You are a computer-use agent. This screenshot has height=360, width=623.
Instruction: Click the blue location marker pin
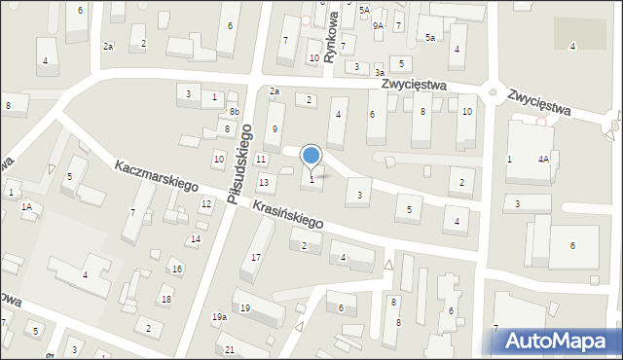(x=311, y=156)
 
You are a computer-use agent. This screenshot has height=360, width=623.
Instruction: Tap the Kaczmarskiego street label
(x=156, y=176)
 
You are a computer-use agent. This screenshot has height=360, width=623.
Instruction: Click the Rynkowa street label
(x=331, y=37)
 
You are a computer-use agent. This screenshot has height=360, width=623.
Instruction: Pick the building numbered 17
(x=256, y=257)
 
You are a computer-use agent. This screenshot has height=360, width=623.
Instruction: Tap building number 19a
(x=220, y=317)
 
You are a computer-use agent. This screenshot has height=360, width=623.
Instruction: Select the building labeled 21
(x=230, y=349)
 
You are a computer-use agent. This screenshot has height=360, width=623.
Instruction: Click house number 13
(x=263, y=183)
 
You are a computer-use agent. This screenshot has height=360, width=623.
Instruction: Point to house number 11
(x=260, y=159)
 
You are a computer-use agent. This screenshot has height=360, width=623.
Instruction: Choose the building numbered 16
(x=176, y=269)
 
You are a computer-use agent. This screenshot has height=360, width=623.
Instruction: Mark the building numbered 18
(x=166, y=299)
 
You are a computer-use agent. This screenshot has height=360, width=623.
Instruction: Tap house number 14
(x=195, y=239)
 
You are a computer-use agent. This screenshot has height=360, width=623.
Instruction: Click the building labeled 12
(x=205, y=203)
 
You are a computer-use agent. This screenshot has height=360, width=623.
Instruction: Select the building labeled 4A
(x=543, y=159)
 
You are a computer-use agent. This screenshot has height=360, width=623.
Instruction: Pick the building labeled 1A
(x=28, y=206)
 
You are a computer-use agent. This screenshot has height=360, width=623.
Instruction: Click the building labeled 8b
(x=234, y=113)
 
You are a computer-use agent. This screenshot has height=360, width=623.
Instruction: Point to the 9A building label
(x=378, y=25)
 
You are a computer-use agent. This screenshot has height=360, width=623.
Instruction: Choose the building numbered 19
(x=245, y=308)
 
